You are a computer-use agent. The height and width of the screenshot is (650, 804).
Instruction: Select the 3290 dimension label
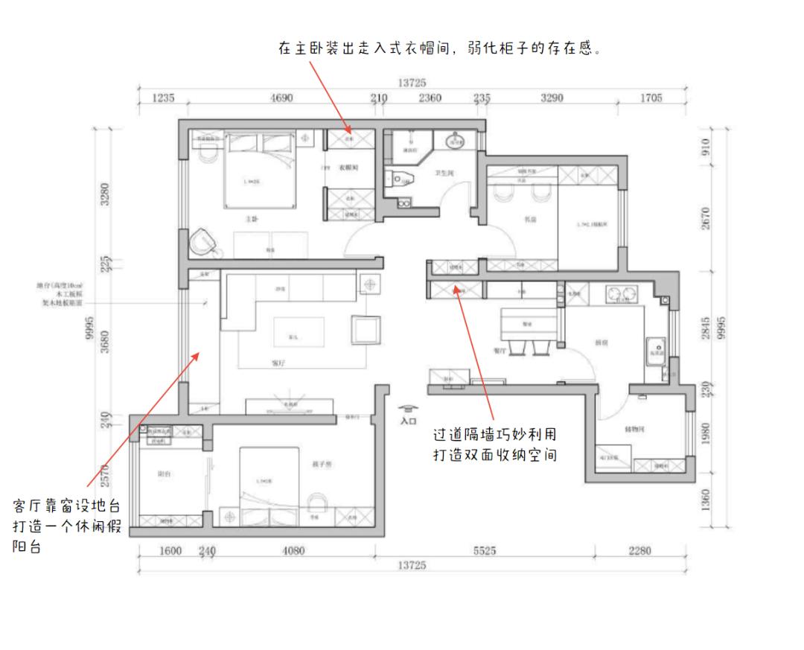[x=551, y=98]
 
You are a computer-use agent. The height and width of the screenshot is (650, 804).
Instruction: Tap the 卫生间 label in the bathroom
[x=444, y=173]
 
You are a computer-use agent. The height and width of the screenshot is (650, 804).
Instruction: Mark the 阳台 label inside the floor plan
[x=163, y=474]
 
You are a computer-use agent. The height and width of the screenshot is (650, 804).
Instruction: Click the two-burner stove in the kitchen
[x=622, y=293]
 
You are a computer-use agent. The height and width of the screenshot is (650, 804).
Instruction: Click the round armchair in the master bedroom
[x=203, y=241]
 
